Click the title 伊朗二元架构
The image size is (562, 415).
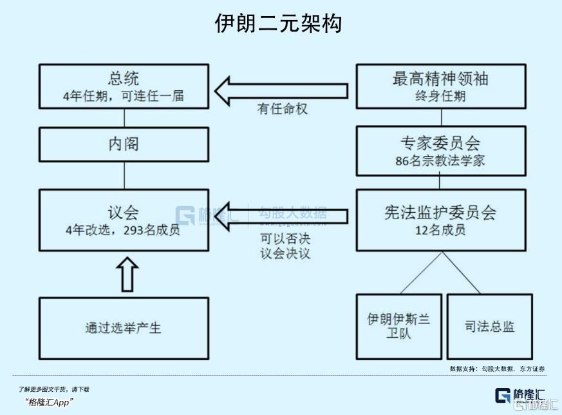[278, 23]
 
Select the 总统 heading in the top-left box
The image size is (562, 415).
[123, 79]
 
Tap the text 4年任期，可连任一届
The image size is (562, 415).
[123, 96]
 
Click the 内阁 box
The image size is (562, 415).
[123, 144]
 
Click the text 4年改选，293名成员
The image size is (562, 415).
[123, 230]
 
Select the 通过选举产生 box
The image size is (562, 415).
[123, 327]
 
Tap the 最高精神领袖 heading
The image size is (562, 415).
[440, 79]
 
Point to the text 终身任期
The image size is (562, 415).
[440, 96]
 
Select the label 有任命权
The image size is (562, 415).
[283, 110]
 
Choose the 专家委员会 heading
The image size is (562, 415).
[440, 143]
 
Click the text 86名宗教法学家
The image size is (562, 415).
[440, 161]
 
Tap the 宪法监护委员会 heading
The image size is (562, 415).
[440, 213]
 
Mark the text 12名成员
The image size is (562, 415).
[440, 230]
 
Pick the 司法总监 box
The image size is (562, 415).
[489, 327]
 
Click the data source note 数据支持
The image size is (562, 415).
[497, 368]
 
